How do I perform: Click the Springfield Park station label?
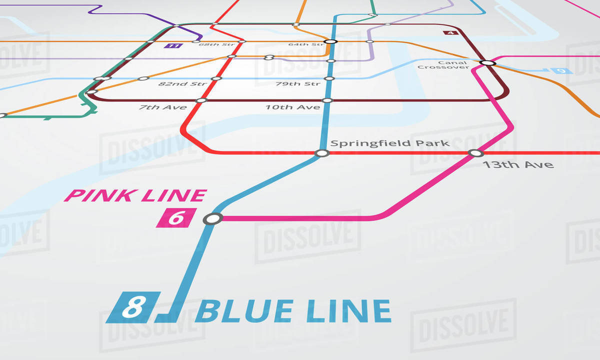click(x=390, y=143)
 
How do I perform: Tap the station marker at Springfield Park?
click(x=322, y=153)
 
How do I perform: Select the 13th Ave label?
click(x=517, y=164)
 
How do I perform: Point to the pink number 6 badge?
click(x=175, y=218)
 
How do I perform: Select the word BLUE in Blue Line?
click(x=245, y=311)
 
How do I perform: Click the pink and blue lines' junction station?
click(x=213, y=218)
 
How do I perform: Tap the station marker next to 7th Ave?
click(x=201, y=100)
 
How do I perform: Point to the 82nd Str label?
click(x=178, y=83)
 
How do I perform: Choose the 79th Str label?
click(x=298, y=83)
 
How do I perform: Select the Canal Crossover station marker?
click(x=487, y=63)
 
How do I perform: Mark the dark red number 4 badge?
click(x=450, y=33)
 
